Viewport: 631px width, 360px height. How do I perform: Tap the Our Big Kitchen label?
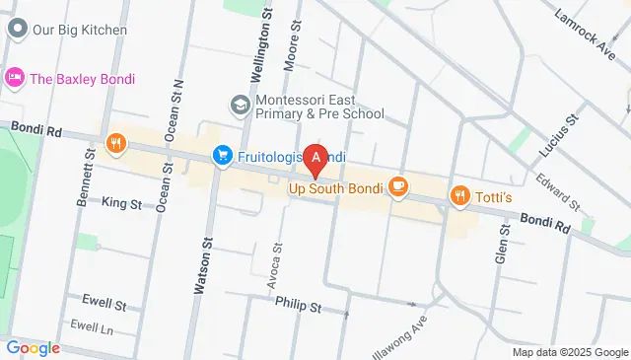pos(80,30)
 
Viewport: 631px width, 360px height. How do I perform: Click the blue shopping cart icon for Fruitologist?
pos(223,156)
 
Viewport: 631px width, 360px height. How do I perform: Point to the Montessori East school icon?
pos(241,104)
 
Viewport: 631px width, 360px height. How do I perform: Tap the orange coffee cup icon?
pos(398,185)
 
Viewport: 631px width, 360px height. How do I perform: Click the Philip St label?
pos(298,306)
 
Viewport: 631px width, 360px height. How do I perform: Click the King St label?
pos(122,203)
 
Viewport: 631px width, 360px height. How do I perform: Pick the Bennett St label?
pos(85,179)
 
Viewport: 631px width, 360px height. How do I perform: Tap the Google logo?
pos(33,347)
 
